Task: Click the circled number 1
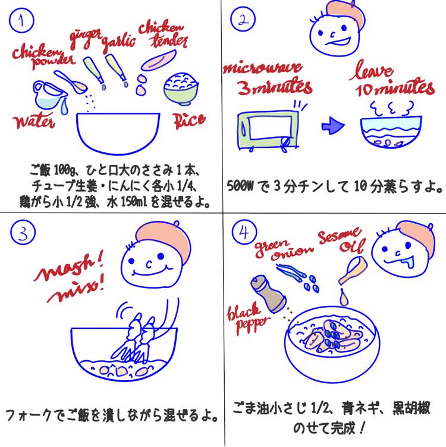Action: click(21, 20)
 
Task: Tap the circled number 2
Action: click(243, 20)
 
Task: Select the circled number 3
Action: click(23, 233)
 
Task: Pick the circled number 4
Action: click(244, 232)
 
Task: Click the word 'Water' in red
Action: click(34, 121)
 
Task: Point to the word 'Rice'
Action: click(189, 120)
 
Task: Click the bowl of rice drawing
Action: click(181, 89)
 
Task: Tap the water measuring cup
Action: click(49, 95)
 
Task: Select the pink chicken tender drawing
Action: click(159, 61)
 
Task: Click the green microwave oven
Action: click(268, 130)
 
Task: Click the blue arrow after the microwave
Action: click(332, 125)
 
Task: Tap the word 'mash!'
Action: click(68, 266)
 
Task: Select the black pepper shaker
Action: click(268, 293)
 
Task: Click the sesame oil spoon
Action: click(353, 270)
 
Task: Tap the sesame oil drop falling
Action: click(344, 297)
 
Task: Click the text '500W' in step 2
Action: click(240, 186)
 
